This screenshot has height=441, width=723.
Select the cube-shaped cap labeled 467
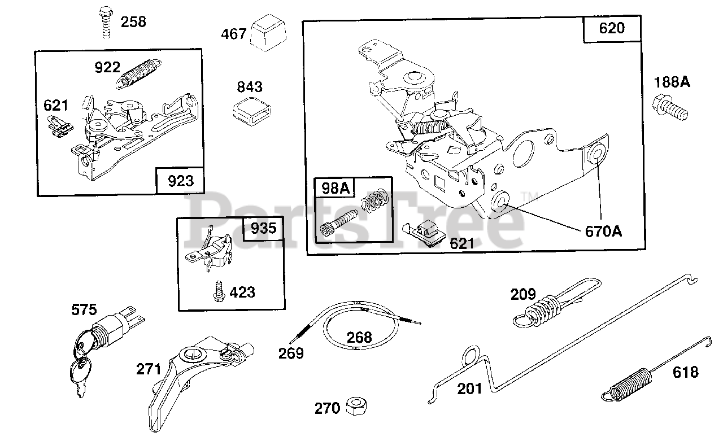tap(269, 32)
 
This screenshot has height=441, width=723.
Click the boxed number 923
tap(180, 181)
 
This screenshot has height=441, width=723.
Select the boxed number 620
tap(612, 28)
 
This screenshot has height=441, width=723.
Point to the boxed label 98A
tap(336, 188)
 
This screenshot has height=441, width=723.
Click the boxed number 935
tap(263, 228)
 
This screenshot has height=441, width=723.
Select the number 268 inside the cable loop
tap(359, 337)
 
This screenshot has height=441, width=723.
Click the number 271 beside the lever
tap(149, 369)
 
